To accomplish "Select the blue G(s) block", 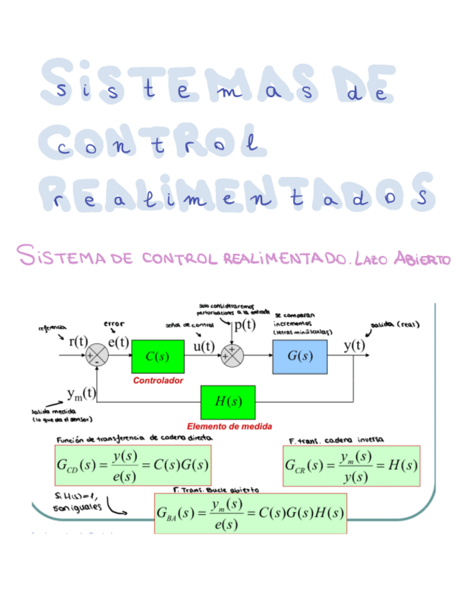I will point(299,356).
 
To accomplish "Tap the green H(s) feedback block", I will point(228,401).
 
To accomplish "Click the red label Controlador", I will point(158,380).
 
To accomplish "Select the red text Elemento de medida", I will point(229,426).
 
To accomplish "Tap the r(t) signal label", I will point(78,342).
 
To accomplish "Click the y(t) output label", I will point(353,345).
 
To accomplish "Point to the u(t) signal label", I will point(204,346).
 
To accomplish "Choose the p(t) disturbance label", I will point(245,324).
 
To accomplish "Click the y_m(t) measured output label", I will point(81,393).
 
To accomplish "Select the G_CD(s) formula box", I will point(132,466).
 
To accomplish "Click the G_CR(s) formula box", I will point(351,466).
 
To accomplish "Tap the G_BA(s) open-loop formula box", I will point(250,513).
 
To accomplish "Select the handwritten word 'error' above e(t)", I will point(114,324).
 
